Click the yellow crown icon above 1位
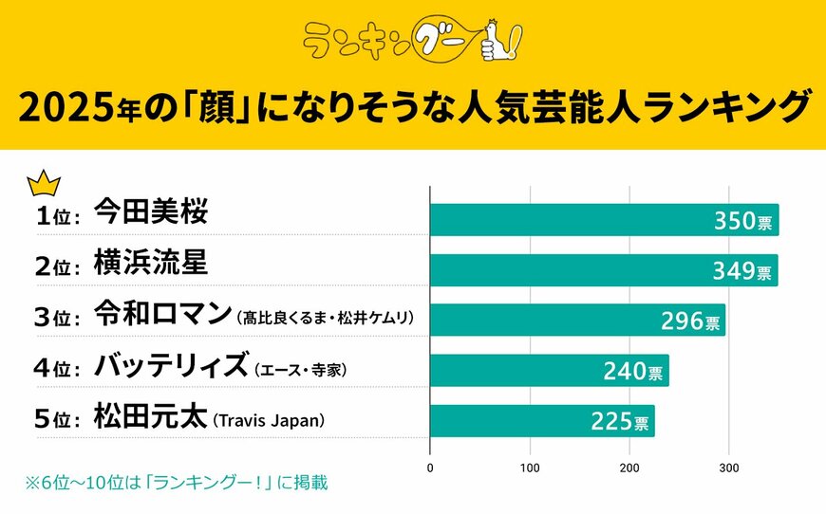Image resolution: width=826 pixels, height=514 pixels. point(45,182)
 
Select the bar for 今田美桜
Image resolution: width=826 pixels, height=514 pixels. point(604,219)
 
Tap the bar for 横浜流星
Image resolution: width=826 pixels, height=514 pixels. point(604,270)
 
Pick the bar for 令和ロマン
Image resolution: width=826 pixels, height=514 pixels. point(577,320)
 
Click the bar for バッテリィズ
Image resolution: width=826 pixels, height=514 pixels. point(549,370)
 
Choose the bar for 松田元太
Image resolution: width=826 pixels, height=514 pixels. point(542,420)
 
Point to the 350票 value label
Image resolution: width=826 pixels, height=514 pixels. point(743,221)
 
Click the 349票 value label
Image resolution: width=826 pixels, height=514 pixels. point(743,271)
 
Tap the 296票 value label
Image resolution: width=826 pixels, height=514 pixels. point(690,321)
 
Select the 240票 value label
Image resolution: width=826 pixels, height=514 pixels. point(633,371)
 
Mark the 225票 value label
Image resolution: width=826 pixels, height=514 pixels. point(619,421)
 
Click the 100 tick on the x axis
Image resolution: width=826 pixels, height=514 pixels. point(530,468)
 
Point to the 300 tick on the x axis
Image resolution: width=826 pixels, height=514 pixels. point(728,468)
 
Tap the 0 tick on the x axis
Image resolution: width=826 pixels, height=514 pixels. point(431,468)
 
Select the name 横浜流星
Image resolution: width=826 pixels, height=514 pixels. point(151,264)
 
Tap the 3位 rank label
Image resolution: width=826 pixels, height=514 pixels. point(56,318)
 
